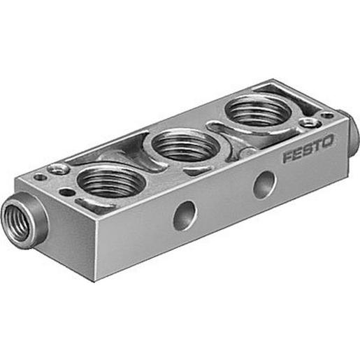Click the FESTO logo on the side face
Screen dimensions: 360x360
308,149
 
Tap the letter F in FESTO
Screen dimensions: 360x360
288,157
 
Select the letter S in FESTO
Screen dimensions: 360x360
308,149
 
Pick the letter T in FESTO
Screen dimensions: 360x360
317,145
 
